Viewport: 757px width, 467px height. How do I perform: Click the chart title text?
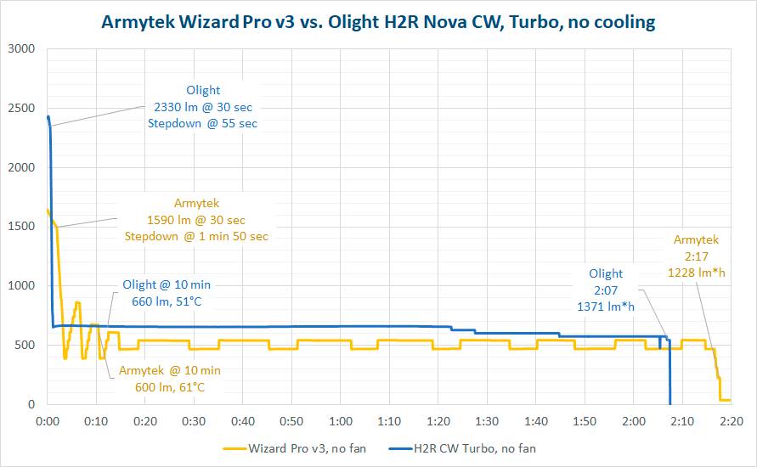click(x=378, y=22)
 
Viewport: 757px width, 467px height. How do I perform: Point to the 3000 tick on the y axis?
click(x=23, y=49)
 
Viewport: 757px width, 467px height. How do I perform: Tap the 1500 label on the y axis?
click(x=23, y=227)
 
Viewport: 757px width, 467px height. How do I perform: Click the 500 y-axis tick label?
click(x=26, y=346)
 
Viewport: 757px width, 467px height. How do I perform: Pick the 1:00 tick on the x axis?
click(x=341, y=421)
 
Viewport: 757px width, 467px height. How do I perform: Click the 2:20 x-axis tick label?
click(x=731, y=421)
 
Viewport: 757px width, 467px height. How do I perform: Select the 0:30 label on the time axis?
click(x=194, y=421)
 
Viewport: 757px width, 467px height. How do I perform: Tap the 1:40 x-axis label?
click(x=535, y=421)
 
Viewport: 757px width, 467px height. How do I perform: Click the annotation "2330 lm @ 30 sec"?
click(x=203, y=107)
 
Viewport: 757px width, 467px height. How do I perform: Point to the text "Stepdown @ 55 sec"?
click(x=203, y=123)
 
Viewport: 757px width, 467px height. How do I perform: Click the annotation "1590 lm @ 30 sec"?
click(x=196, y=220)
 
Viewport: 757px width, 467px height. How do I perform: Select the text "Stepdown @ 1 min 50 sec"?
click(x=196, y=236)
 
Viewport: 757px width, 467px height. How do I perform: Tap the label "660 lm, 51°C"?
click(x=166, y=301)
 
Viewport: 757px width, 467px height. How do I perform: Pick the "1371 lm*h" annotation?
click(x=606, y=305)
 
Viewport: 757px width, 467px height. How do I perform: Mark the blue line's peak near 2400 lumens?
click(x=48, y=117)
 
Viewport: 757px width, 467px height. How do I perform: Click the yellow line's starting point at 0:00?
click(x=48, y=210)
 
